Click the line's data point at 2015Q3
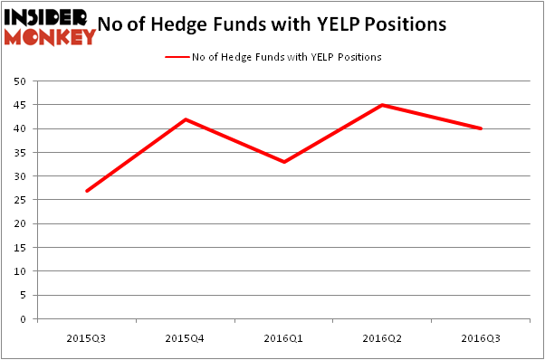coord(87,191)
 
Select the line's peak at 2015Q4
coord(186,119)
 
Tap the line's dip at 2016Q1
coord(284,162)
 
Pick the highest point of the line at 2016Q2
coord(383,105)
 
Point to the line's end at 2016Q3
coord(481,128)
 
